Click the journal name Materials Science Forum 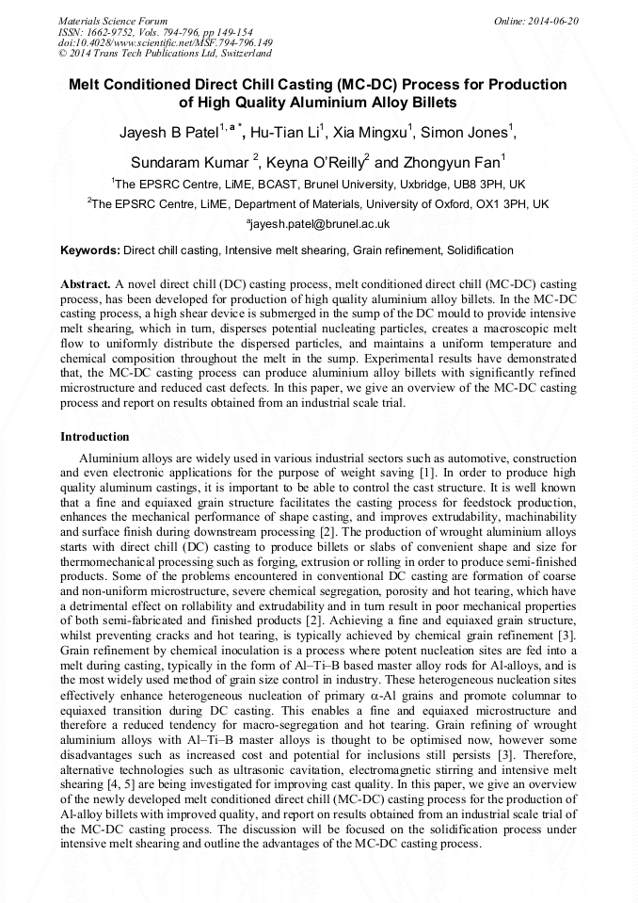click(112, 20)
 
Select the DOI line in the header click(166, 42)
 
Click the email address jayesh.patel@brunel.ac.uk click(319, 224)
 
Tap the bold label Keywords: click(90, 250)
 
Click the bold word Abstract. click(87, 283)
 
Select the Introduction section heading click(95, 437)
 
